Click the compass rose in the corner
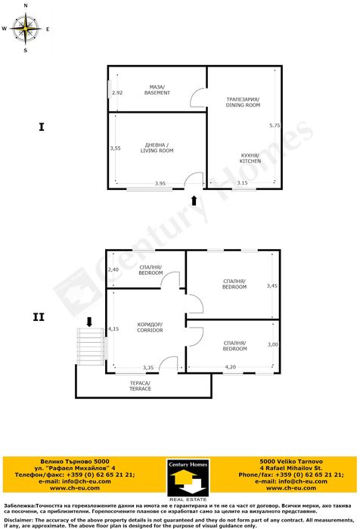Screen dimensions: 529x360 click(x=26, y=30)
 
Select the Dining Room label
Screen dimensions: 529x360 click(x=243, y=102)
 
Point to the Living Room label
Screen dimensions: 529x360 click(x=157, y=148)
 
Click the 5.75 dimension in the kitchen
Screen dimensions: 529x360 click(x=275, y=125)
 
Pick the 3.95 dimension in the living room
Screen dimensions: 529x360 click(x=160, y=183)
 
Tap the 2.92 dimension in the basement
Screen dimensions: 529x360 click(x=116, y=93)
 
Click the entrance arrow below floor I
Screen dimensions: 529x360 click(x=195, y=200)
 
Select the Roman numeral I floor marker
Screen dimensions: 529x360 click(x=41, y=127)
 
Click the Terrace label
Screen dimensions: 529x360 click(x=140, y=385)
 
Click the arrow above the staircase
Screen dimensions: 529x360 click(x=90, y=321)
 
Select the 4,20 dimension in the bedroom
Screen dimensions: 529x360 click(x=231, y=368)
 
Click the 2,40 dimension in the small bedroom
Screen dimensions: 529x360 click(x=113, y=269)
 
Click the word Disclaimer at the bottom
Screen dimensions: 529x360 click(x=18, y=520)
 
